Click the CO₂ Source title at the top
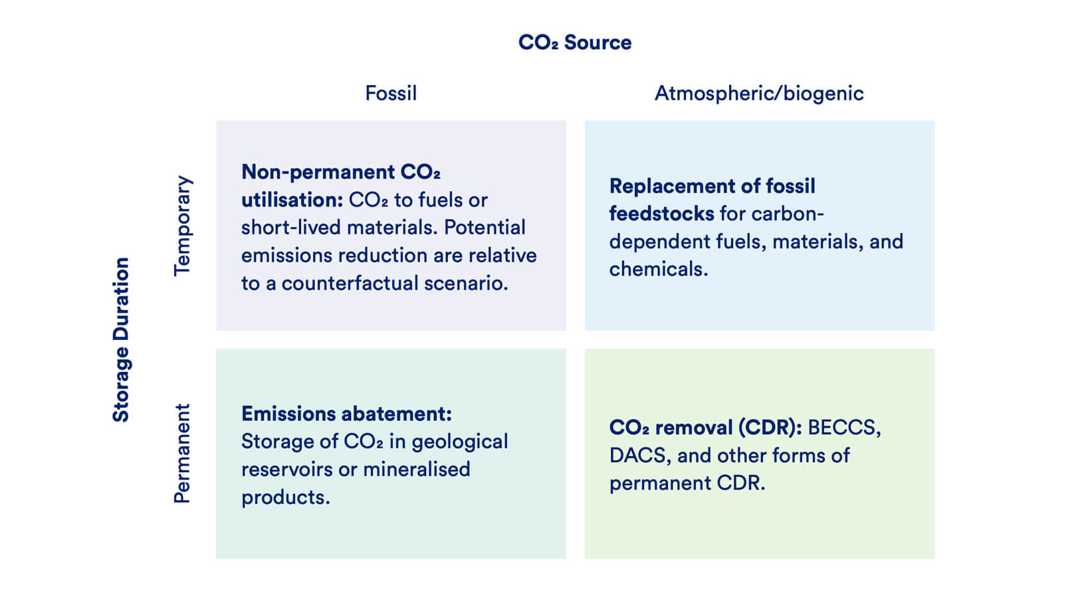[x=574, y=43]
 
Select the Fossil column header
[x=391, y=93]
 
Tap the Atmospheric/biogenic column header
[x=759, y=93]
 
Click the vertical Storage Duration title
[x=121, y=339]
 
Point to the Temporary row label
[x=182, y=226]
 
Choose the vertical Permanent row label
[x=182, y=454]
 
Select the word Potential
[x=485, y=228]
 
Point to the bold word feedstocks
[x=661, y=214]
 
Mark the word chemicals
[x=658, y=269]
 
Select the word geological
[x=459, y=442]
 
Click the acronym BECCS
[x=843, y=428]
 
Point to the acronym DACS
[x=637, y=456]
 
